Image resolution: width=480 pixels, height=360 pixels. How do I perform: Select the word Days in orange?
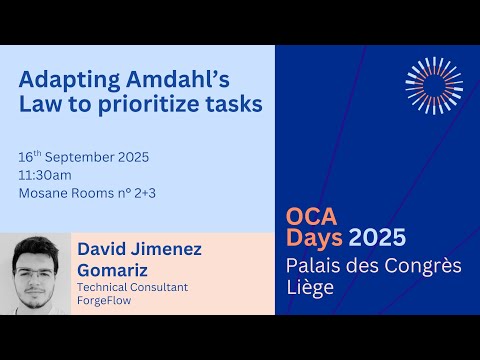coord(315,239)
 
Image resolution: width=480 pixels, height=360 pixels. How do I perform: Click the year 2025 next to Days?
coord(377,239)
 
